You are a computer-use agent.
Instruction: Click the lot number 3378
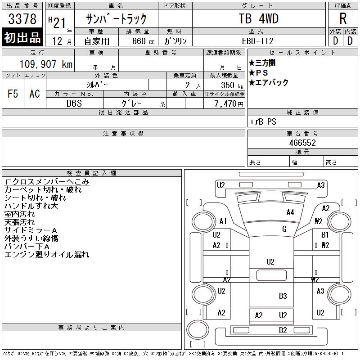pos(22,19)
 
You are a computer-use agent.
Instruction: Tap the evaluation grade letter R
pos(343,19)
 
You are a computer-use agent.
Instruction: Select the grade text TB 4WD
pos(258,19)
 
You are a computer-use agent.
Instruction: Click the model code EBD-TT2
pos(258,41)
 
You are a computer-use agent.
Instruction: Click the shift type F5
pos(13,94)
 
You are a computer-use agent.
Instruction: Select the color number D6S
pos(75,103)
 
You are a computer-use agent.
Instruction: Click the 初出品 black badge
pos(22,38)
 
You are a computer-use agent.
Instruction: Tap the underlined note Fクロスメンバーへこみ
pos(47,182)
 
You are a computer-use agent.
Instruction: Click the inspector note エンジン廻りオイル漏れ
pos(47,255)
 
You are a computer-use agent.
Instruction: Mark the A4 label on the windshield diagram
pos(290,212)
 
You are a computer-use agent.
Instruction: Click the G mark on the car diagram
pos(284,229)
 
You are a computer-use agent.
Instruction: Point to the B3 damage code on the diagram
pos(283,296)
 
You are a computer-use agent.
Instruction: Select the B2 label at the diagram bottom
pos(283,330)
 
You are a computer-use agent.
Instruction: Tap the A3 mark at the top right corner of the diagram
pos(321,185)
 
